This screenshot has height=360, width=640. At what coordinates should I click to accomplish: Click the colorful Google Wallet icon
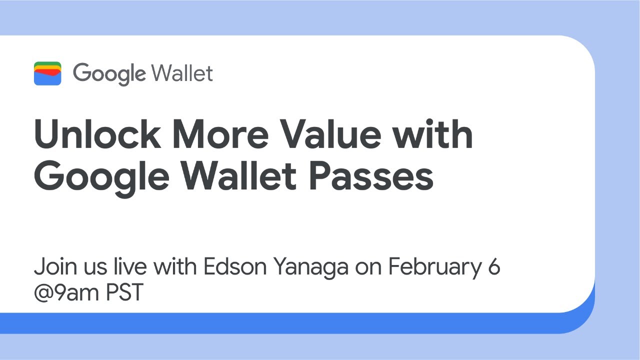click(x=47, y=73)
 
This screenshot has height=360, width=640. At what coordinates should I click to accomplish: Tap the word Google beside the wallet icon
click(x=108, y=74)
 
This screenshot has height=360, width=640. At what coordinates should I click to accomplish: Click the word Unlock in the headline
click(x=98, y=134)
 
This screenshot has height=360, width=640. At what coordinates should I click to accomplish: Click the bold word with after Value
click(x=433, y=134)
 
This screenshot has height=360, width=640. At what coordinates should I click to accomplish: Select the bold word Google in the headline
click(x=102, y=176)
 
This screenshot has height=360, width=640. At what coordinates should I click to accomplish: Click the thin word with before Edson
click(x=175, y=267)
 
